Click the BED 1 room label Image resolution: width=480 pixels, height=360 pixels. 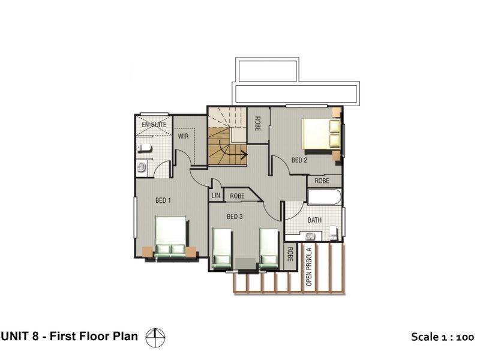163,200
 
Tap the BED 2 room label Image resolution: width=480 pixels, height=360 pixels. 299,160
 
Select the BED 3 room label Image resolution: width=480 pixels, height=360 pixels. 235,217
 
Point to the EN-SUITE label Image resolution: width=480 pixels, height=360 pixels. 154,125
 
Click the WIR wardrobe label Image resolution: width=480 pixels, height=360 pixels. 184,136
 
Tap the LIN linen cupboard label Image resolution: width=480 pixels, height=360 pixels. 215,196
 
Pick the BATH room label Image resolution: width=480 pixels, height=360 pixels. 314,220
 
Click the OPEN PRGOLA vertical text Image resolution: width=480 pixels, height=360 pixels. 309,266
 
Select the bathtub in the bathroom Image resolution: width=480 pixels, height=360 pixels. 325,197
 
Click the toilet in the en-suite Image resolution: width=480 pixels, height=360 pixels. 144,148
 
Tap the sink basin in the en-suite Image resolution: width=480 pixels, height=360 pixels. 142,167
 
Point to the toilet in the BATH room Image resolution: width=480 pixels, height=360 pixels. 333,233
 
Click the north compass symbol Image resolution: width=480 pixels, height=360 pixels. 155,338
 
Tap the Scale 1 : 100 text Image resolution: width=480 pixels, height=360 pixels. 442,337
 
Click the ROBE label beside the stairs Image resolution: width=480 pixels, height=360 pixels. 258,124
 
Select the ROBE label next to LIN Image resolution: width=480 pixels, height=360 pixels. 237,196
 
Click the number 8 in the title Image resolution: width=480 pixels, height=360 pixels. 35,336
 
